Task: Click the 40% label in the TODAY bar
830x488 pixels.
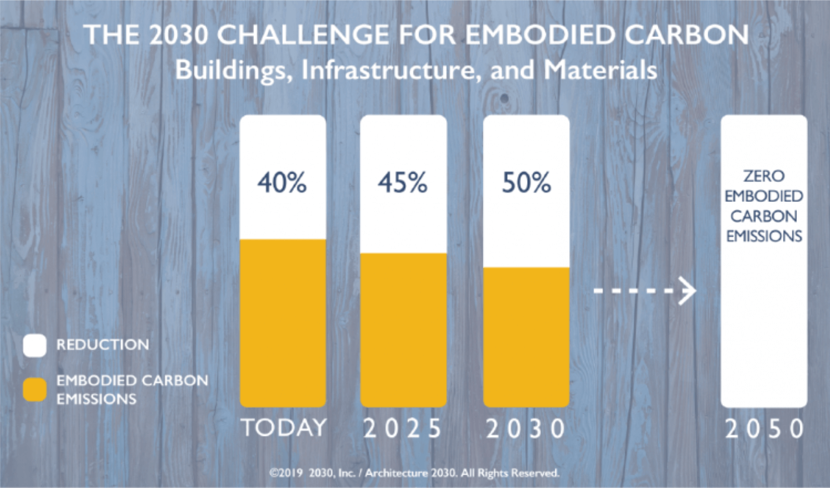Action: coord(282,183)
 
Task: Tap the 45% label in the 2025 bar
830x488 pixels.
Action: coord(403,183)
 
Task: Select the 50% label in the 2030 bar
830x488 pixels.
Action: coord(526,183)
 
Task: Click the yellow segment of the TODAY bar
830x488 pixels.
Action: coord(283,322)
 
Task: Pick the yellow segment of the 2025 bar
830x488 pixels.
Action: coord(403,329)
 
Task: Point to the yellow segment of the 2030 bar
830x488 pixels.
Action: coord(526,336)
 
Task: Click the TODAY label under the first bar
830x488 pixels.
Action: coord(283,428)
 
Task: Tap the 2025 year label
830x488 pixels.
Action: coord(403,429)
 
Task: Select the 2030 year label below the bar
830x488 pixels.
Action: coord(526,429)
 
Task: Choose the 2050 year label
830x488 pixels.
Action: coord(765,429)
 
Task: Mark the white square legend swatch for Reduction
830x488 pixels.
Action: coord(35,345)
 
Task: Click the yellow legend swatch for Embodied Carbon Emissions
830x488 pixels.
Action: coord(35,390)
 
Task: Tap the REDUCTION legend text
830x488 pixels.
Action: coord(103,344)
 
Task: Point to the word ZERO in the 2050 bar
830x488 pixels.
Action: coord(764,176)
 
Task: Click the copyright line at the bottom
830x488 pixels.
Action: coord(414,473)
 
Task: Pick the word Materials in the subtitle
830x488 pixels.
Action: coord(600,70)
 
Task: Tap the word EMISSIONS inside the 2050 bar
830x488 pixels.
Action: coord(764,236)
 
